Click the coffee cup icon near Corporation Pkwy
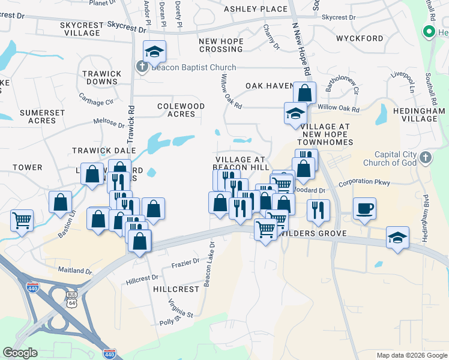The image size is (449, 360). [x=364, y=208]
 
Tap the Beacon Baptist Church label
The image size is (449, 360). [x=193, y=68]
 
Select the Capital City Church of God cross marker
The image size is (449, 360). [x=425, y=157]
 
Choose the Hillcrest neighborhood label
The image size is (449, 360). [x=175, y=289]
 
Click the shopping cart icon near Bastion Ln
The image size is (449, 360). [x=22, y=220]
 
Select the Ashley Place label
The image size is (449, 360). [x=256, y=9]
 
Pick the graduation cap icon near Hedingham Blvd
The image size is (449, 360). [x=397, y=238]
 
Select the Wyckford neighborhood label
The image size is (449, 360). [x=360, y=38]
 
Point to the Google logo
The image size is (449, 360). [x=20, y=353]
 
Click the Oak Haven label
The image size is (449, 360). [x=269, y=86]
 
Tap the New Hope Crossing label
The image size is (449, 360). [x=221, y=44]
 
